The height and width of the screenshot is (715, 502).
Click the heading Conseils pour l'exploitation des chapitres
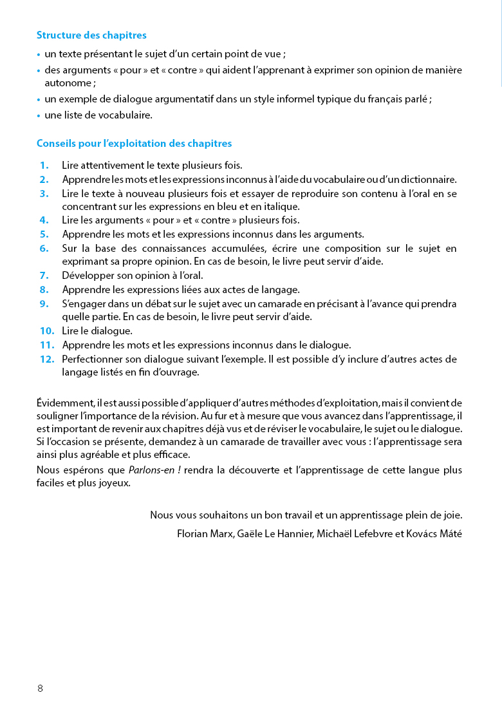click(x=134, y=144)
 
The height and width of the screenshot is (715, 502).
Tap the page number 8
click(x=40, y=689)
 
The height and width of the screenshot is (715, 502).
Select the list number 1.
click(x=44, y=166)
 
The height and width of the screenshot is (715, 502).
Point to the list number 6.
click(x=44, y=248)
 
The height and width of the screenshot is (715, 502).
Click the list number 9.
click(x=44, y=303)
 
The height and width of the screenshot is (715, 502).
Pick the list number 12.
click(x=47, y=359)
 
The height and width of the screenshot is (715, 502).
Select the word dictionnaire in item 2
click(x=425, y=180)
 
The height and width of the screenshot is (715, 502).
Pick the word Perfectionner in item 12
click(x=92, y=359)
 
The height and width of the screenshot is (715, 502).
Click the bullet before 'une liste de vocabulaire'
click(x=39, y=116)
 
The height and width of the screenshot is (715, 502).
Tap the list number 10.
click(x=47, y=331)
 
